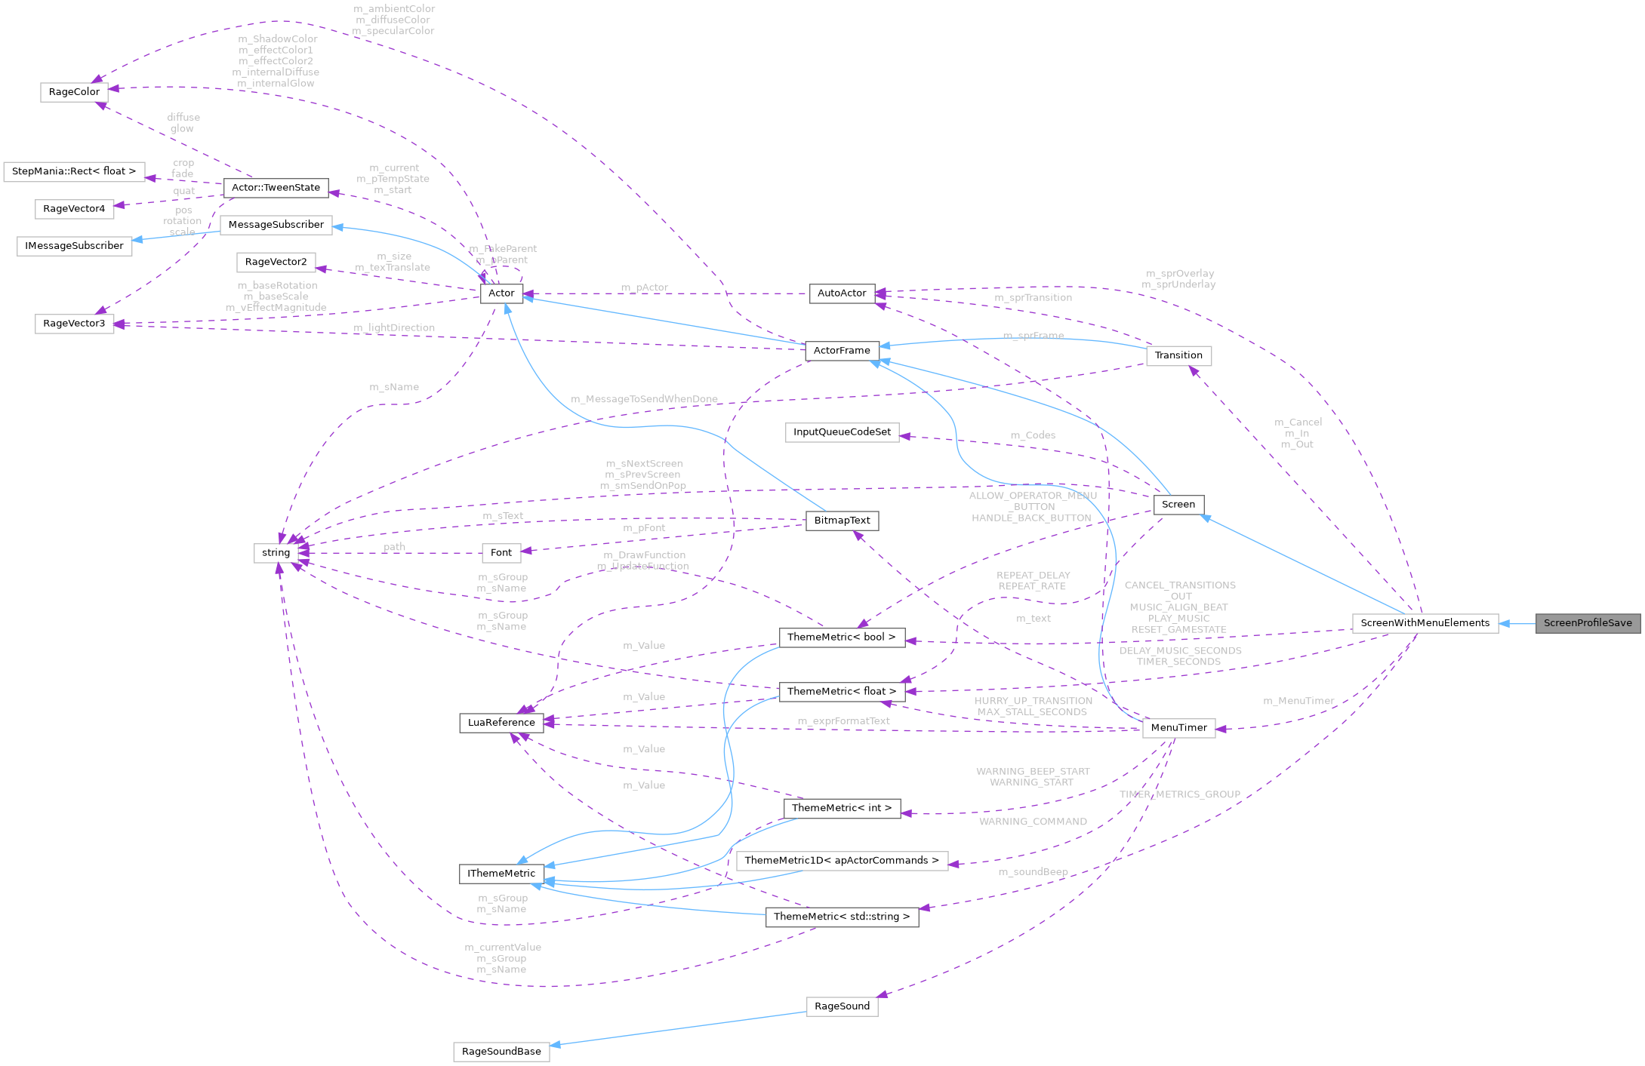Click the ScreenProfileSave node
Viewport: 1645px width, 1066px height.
point(1588,623)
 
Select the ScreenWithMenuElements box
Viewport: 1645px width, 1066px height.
point(1425,623)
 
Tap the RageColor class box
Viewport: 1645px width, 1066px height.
point(74,92)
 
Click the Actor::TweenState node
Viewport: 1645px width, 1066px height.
point(276,188)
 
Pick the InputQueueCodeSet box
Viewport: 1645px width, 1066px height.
point(842,432)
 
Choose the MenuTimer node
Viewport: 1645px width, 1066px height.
point(1178,728)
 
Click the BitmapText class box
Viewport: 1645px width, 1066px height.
point(842,521)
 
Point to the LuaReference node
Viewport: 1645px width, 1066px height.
point(501,723)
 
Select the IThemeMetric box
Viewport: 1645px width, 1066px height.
point(501,874)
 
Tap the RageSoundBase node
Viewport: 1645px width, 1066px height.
point(501,1052)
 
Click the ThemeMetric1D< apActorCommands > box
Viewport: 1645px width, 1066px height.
point(842,861)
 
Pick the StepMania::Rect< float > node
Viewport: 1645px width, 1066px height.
point(74,171)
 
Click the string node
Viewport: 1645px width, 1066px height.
point(276,553)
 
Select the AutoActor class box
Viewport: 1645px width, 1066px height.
point(842,293)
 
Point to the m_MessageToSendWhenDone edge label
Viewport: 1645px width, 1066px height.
point(644,399)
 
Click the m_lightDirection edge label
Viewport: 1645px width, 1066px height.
point(394,327)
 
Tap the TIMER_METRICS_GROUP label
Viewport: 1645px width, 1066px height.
point(1179,794)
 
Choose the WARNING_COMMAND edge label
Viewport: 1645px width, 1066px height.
point(1033,822)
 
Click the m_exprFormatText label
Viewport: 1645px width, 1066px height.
point(843,721)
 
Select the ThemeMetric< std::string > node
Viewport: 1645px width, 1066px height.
point(842,917)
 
